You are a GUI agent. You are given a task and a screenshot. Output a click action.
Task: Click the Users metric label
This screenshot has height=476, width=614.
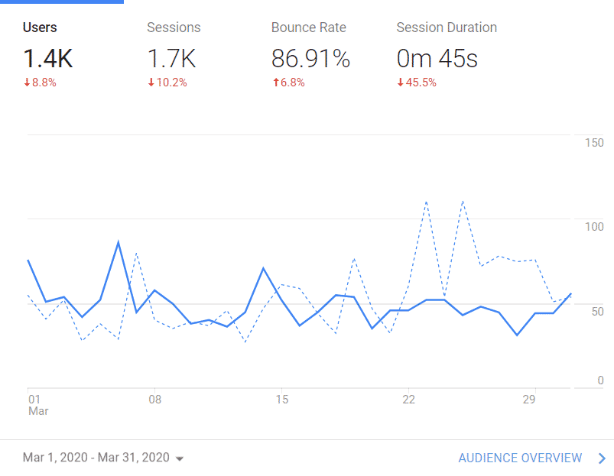pos(40,28)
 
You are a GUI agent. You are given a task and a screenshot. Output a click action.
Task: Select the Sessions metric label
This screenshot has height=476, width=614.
pos(174,28)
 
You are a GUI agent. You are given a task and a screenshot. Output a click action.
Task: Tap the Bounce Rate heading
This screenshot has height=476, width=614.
pos(308,28)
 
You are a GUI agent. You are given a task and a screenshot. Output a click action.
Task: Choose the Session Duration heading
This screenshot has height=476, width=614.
pos(446,28)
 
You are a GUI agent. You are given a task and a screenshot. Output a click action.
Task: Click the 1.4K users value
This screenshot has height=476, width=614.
pos(48,59)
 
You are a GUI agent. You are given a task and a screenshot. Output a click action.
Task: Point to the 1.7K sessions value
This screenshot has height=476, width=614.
pos(171,59)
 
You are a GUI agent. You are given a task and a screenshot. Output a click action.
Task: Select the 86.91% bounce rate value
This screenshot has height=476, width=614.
pos(310,59)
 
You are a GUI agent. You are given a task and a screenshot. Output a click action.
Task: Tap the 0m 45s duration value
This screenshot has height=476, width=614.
pos(437,59)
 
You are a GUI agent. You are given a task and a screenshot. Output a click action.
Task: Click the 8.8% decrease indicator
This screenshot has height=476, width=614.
pos(40,83)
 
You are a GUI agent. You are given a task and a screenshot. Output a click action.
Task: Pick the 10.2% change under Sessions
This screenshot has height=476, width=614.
pos(167,83)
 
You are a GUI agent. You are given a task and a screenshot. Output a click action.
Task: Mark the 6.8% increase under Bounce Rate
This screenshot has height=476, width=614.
pos(288,83)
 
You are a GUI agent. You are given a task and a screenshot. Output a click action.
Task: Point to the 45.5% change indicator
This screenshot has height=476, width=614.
pos(417,83)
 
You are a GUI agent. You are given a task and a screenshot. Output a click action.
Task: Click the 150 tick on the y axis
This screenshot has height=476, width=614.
pos(594,143)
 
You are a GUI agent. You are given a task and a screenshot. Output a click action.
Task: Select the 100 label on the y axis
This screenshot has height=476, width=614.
pos(594,227)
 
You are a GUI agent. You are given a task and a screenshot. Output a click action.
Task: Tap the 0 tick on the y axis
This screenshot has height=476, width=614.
pos(600,380)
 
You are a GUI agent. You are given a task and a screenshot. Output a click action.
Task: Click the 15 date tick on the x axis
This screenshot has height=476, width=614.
pos(281,399)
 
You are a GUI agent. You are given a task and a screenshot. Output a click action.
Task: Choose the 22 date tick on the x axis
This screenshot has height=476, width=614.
pos(408,399)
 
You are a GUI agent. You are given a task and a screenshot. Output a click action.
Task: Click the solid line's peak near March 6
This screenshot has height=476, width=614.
pos(118,242)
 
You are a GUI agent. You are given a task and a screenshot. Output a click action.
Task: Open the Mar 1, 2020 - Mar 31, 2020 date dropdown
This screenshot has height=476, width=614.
pos(103,458)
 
